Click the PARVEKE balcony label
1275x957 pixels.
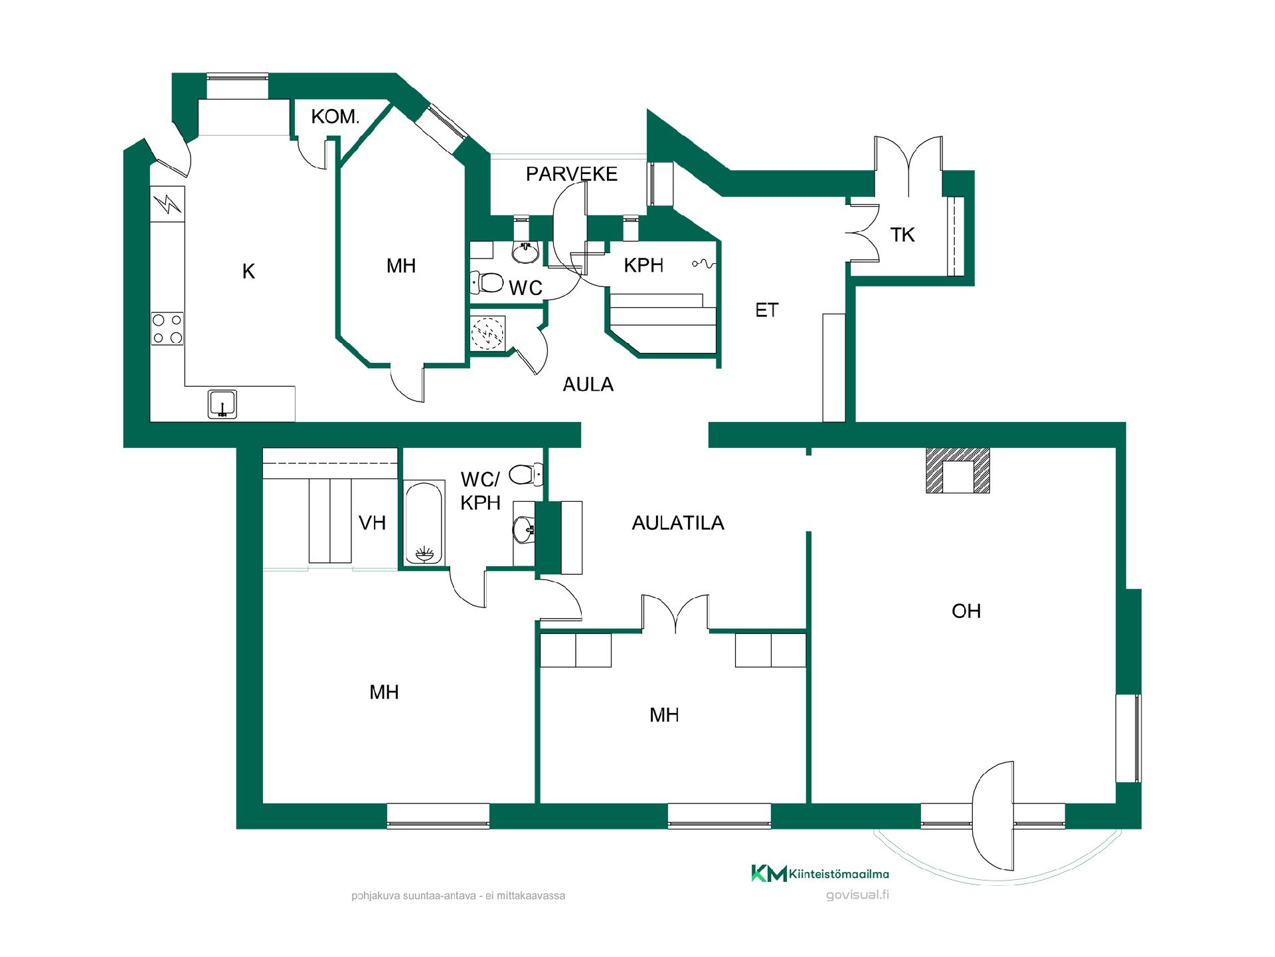tap(571, 174)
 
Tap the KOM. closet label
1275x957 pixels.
tap(335, 117)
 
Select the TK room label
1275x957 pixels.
tap(902, 235)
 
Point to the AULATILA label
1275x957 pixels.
tap(677, 523)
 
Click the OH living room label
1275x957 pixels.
tap(966, 611)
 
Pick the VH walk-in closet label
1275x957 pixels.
tap(372, 523)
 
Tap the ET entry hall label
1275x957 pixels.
tap(766, 310)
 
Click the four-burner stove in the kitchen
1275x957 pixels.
tap(167, 328)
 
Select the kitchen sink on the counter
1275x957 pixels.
tap(222, 404)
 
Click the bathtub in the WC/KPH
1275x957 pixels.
tap(424, 523)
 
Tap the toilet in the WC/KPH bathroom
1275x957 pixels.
tap(526, 475)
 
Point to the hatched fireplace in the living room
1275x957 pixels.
tap(958, 471)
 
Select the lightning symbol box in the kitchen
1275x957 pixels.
tap(168, 204)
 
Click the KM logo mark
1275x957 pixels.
tap(769, 873)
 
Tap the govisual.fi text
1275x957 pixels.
tap(857, 895)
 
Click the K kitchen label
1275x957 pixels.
tap(248, 271)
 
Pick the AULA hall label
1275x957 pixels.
tap(588, 385)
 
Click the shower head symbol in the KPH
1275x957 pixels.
tap(704, 264)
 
